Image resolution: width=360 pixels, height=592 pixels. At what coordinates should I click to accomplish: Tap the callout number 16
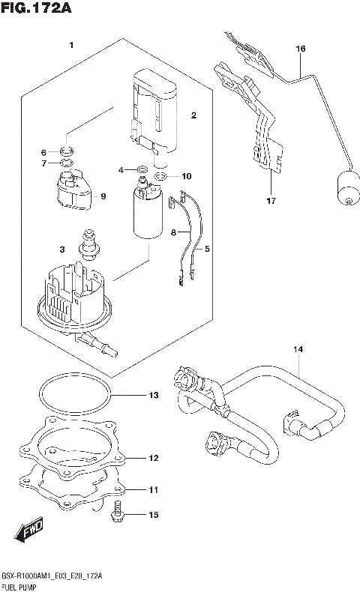coord(300,49)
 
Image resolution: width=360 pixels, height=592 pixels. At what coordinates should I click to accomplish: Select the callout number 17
coord(271,201)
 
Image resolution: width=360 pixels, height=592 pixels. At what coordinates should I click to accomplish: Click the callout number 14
coord(298,349)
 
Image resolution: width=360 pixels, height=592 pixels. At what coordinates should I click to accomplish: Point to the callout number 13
coord(153,395)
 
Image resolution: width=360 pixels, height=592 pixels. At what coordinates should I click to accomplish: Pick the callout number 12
coord(153,457)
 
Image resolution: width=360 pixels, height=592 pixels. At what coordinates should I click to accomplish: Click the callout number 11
coord(153,490)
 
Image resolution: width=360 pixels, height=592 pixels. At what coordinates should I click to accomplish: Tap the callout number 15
coord(153,515)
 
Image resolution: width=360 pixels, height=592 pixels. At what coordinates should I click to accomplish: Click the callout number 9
coord(103,196)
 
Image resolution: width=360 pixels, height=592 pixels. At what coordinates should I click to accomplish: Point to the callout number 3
coord(62,249)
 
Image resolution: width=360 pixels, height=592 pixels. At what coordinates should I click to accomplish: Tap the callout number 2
coord(193,115)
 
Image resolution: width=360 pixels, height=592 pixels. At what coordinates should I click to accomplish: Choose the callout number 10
coord(186,177)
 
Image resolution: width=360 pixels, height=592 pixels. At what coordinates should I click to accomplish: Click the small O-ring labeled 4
coord(141,170)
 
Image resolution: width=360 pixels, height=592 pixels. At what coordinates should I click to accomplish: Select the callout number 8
coord(173,233)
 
